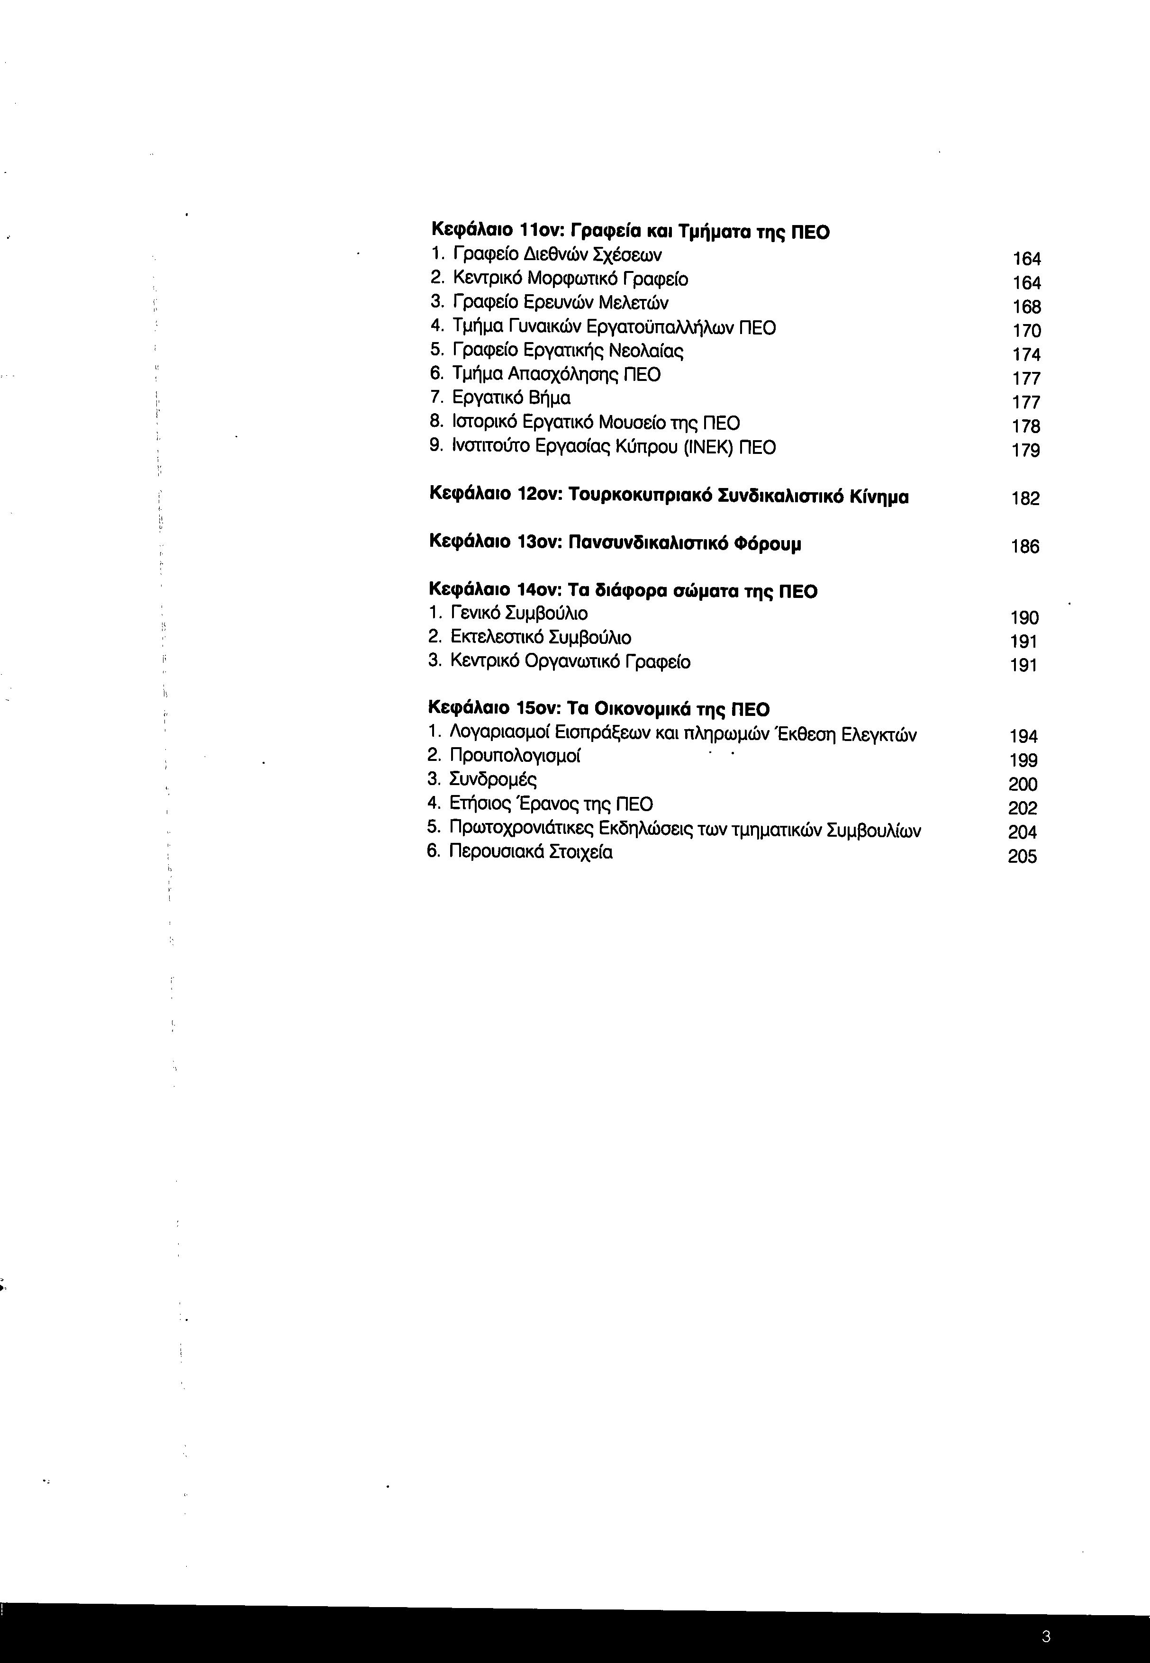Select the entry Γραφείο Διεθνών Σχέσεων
tap(556, 255)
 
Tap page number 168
tap(1026, 307)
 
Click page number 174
tap(1026, 354)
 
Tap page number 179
tap(1025, 450)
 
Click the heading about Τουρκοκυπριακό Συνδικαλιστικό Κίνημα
tap(668, 497)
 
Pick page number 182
tap(1025, 498)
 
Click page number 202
tap(1023, 808)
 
